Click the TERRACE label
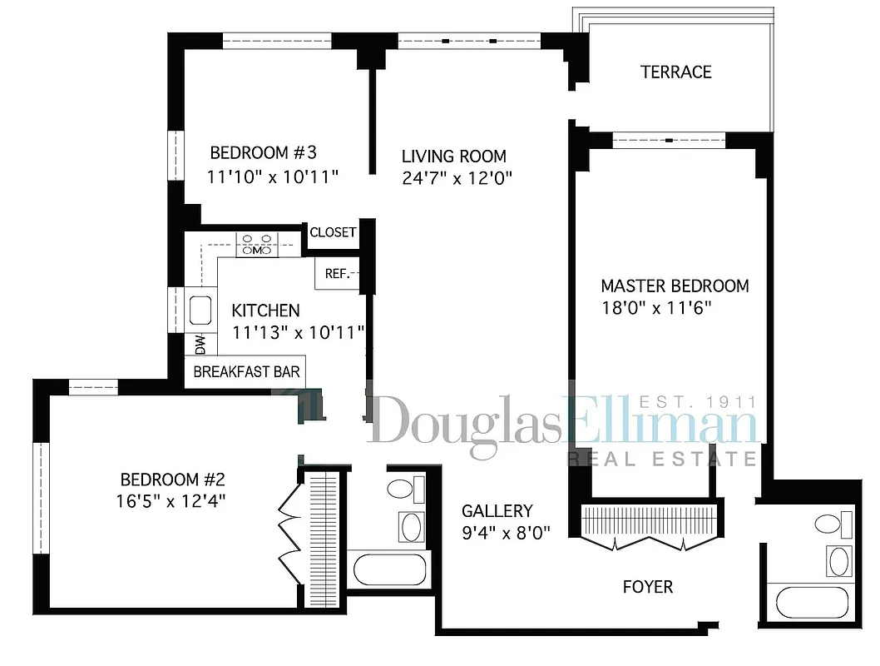(x=675, y=72)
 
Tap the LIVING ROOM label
(x=453, y=157)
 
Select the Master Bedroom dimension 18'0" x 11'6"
(x=656, y=307)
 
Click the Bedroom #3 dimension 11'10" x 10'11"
(x=274, y=176)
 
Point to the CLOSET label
(x=333, y=233)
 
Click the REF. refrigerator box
(x=336, y=273)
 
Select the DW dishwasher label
(x=200, y=343)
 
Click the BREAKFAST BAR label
(x=246, y=371)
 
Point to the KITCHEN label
(x=265, y=311)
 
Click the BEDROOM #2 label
(x=173, y=480)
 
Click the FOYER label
(x=647, y=587)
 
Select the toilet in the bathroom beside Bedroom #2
(x=403, y=489)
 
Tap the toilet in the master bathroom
(x=832, y=524)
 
